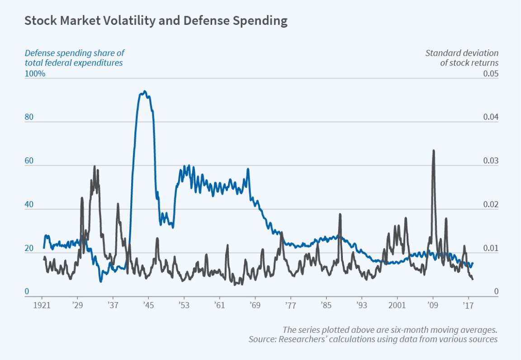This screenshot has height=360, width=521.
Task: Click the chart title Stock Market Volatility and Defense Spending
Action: coord(156,21)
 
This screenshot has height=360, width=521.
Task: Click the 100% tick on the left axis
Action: coord(34,74)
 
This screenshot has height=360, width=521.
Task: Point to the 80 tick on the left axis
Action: coord(29,117)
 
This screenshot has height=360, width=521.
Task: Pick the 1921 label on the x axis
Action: coord(42,306)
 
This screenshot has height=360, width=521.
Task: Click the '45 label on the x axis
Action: coord(148,306)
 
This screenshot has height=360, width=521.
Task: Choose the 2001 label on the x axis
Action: coord(397,306)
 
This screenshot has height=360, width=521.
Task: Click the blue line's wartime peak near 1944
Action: coord(144,91)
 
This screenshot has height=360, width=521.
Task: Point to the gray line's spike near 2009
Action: coord(433,150)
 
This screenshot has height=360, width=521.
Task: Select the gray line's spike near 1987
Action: coord(340,214)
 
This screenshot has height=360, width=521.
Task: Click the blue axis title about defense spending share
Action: coord(74,58)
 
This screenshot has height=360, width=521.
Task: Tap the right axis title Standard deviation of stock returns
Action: coord(462,58)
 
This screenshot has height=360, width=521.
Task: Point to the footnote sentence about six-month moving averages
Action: coord(390,329)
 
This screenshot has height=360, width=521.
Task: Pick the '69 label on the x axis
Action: coord(255,306)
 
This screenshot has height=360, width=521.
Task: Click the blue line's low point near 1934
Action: coord(100,282)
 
